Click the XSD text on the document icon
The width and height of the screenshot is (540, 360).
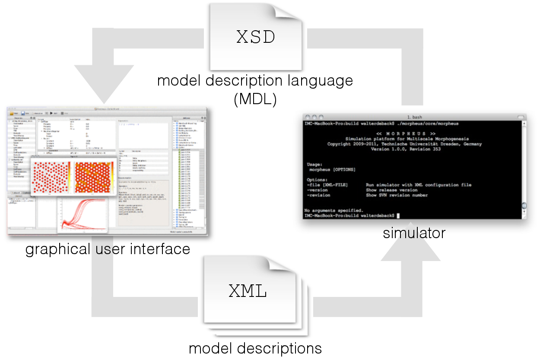[x=256, y=37]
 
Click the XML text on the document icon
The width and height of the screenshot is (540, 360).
[x=248, y=292]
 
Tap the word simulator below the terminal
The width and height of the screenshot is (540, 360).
[x=414, y=233]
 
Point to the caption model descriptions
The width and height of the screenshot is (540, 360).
[x=255, y=348]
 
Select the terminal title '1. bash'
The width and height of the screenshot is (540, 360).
[x=414, y=117]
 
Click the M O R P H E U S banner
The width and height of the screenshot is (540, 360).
[x=406, y=134]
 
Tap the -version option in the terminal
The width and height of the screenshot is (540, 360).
[x=317, y=190]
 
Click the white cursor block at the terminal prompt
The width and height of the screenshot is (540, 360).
[x=398, y=215]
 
